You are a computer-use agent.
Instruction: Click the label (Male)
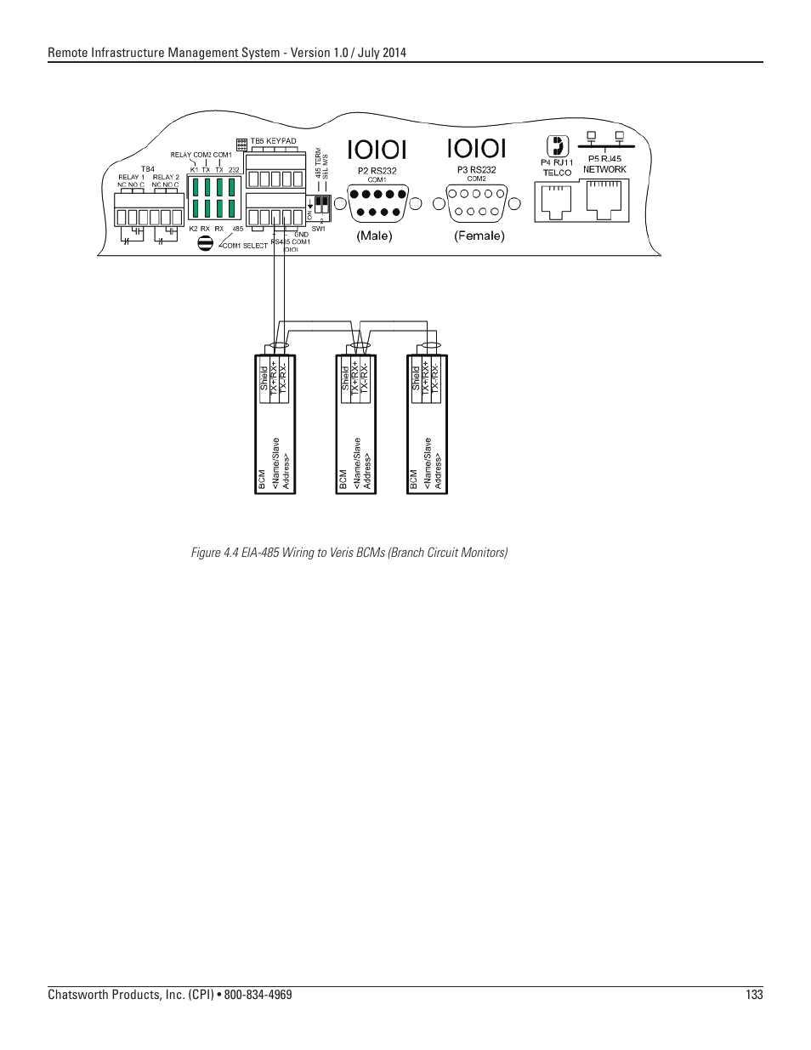tap(374, 236)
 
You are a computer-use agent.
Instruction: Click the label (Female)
tap(479, 236)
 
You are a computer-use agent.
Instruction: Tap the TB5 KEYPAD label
tap(273, 140)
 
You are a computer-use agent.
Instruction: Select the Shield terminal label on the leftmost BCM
tap(264, 377)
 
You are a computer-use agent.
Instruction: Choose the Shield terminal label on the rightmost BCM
tap(416, 377)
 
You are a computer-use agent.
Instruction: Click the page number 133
tap(754, 996)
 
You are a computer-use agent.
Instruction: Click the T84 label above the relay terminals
tap(148, 168)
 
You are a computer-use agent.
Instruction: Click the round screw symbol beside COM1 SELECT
tap(205, 243)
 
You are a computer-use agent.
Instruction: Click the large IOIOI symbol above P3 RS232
tap(476, 149)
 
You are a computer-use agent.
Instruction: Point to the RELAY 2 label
tap(166, 177)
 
